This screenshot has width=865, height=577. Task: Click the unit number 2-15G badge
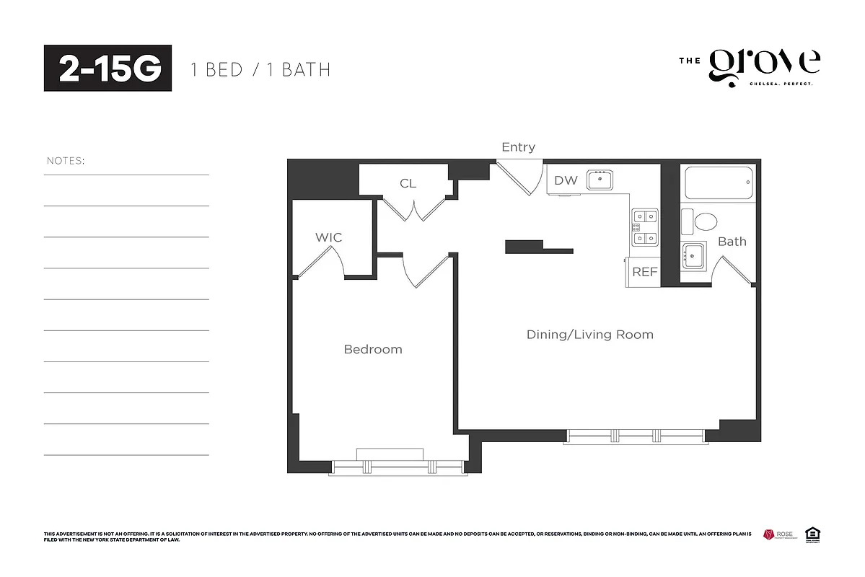point(107,69)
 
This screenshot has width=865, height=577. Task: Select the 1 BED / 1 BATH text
point(260,70)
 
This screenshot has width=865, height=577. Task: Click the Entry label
point(518,147)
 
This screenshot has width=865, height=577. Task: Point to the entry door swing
point(521,178)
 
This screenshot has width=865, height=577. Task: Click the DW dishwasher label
point(566,180)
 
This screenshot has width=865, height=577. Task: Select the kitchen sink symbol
point(600,179)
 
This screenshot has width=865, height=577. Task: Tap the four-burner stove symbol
point(644,226)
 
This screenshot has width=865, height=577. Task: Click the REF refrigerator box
point(644,272)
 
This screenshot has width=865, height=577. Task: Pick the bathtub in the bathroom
point(718,183)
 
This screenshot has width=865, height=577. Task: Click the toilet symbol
point(698,221)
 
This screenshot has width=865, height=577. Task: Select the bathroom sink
point(694,254)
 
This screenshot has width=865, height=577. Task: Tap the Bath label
point(732,242)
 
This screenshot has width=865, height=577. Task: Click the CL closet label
point(408,183)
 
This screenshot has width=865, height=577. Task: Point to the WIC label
point(328,237)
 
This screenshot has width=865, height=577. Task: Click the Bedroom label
point(372,349)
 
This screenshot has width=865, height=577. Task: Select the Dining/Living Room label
point(589,335)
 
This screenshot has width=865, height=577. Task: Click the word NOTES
point(65,160)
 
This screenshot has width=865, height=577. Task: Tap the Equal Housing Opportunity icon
point(812,534)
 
